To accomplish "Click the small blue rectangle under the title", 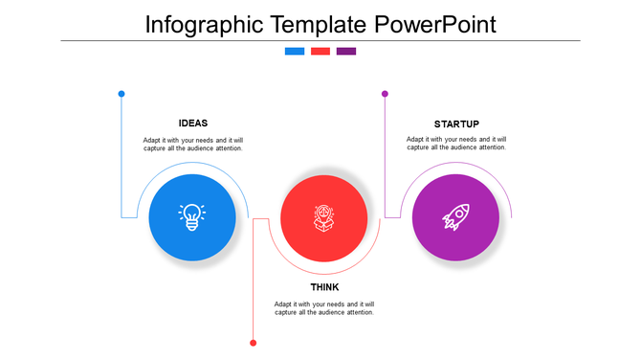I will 295,52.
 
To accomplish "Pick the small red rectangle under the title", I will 320,52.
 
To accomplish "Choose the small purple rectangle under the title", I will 346,52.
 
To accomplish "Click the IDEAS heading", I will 193,123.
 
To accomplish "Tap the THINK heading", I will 324,287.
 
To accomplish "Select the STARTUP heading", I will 456,124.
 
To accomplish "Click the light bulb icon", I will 192,216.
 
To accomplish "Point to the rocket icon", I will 455,217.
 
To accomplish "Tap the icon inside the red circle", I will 324,217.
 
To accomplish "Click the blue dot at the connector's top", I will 122,94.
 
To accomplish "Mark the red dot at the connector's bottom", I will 254,342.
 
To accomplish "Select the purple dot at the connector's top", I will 385,94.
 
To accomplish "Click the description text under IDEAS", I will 193,144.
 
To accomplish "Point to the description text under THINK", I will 324,308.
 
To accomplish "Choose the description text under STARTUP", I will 456,144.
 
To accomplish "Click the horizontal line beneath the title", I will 320,41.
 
